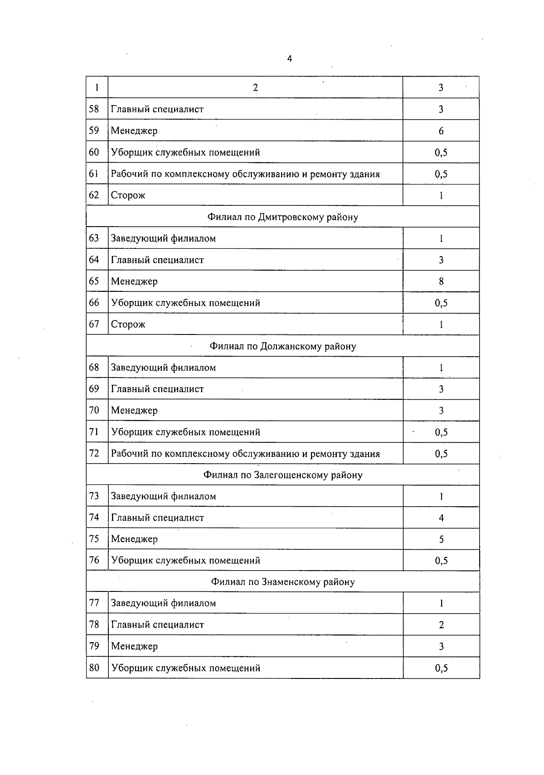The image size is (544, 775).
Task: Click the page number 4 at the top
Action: (x=290, y=58)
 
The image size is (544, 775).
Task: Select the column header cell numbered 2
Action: (x=255, y=87)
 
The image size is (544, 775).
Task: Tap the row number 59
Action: (x=94, y=131)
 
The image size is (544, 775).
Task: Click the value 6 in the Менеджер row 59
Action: (x=441, y=131)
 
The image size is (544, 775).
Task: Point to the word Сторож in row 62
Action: (x=128, y=195)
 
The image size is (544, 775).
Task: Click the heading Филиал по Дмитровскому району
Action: (x=282, y=217)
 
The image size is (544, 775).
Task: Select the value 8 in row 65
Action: (x=441, y=281)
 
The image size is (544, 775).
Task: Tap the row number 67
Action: (x=94, y=324)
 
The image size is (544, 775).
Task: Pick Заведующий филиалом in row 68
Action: (x=163, y=368)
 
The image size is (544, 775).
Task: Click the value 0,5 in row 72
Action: (x=441, y=454)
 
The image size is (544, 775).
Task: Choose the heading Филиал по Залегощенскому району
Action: (x=282, y=475)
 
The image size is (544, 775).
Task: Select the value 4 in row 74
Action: (x=441, y=518)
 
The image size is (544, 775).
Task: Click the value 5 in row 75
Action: (x=441, y=539)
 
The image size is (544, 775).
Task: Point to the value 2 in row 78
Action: (x=441, y=625)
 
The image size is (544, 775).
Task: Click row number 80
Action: (x=94, y=668)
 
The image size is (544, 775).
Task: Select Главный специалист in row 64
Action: (x=157, y=260)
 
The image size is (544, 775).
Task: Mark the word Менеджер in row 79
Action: (x=134, y=646)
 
